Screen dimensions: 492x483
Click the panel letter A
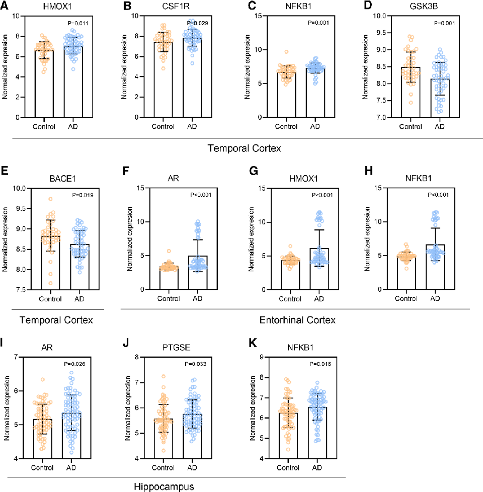click(x=5, y=6)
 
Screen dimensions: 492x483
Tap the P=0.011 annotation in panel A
click(x=78, y=24)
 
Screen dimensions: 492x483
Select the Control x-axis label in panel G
click(x=291, y=298)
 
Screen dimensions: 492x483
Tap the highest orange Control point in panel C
click(x=286, y=52)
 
